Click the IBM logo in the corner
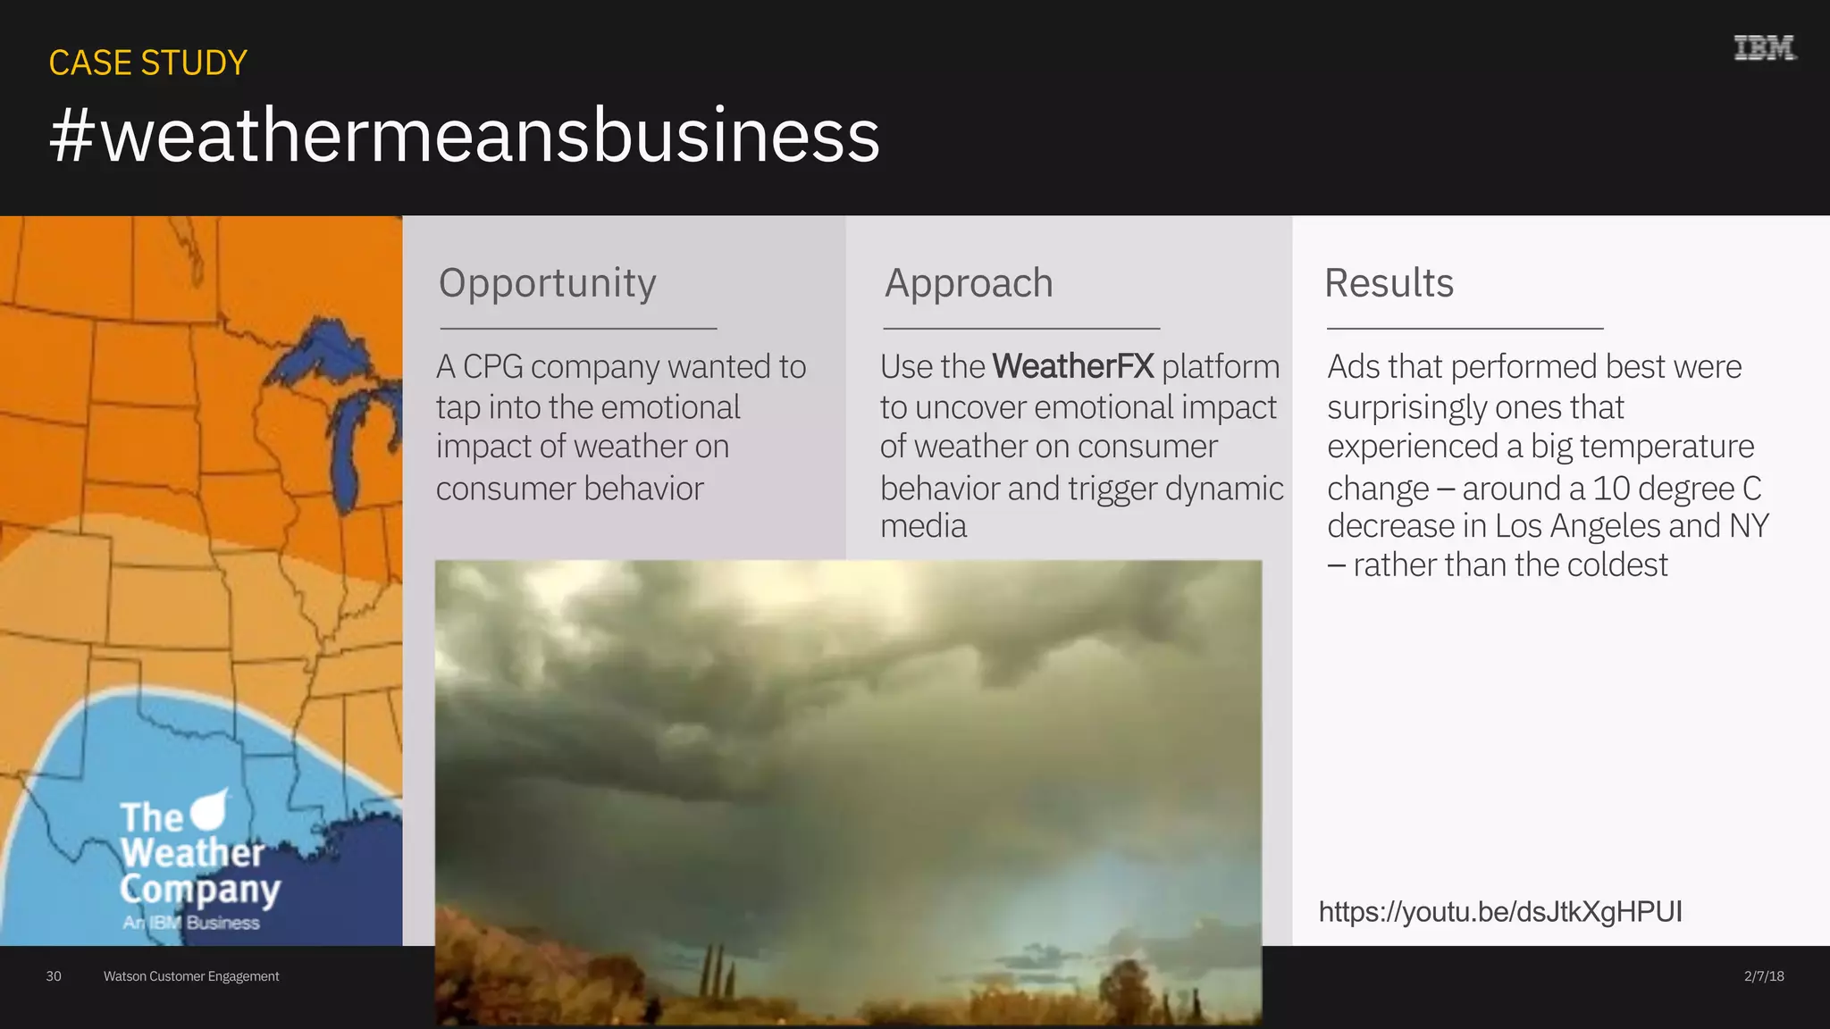point(1764,48)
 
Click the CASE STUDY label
point(147,63)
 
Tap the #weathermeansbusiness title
point(465,135)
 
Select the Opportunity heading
point(547,283)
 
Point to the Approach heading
point(969,283)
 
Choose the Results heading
point(1389,283)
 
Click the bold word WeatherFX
point(1073,367)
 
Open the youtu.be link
point(1500,912)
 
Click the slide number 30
point(54,976)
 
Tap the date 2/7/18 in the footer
point(1764,976)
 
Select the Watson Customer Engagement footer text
point(191,976)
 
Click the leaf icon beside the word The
point(210,809)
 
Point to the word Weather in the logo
point(193,852)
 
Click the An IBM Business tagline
point(191,923)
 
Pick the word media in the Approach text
point(923,526)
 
